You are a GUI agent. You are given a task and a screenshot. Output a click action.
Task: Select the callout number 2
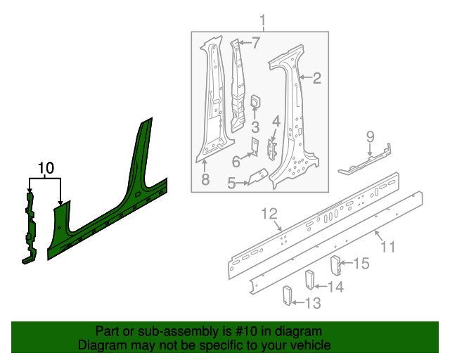(x=316, y=78)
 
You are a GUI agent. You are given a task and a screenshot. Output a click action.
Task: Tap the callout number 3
(x=255, y=127)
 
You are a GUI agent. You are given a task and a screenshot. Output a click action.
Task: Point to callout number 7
(x=255, y=43)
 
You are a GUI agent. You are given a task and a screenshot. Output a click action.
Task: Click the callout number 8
(x=205, y=180)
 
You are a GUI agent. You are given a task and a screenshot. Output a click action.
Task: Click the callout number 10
(x=46, y=168)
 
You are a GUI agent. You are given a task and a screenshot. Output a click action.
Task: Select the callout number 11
(x=387, y=247)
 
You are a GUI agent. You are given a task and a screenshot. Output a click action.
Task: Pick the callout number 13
(x=311, y=303)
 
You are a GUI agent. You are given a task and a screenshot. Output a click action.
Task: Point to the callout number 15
(x=361, y=264)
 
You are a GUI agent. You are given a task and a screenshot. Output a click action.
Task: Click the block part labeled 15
(x=336, y=266)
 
